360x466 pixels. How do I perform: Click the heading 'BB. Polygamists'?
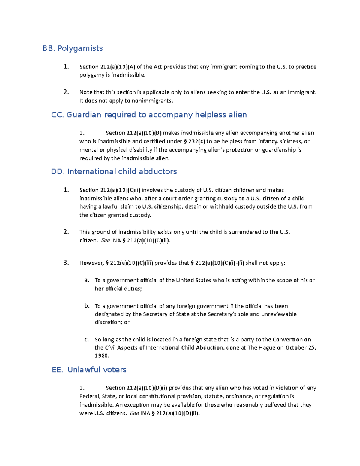point(73,48)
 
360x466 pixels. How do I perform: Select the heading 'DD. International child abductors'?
point(114,172)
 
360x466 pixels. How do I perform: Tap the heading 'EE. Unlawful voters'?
point(89,370)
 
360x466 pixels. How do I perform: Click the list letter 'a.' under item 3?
point(87,280)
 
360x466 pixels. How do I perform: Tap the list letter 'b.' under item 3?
point(87,306)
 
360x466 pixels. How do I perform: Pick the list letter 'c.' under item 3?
point(87,340)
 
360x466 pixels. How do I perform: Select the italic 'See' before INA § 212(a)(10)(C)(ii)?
point(105,241)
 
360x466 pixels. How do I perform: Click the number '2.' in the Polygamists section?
point(66,92)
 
